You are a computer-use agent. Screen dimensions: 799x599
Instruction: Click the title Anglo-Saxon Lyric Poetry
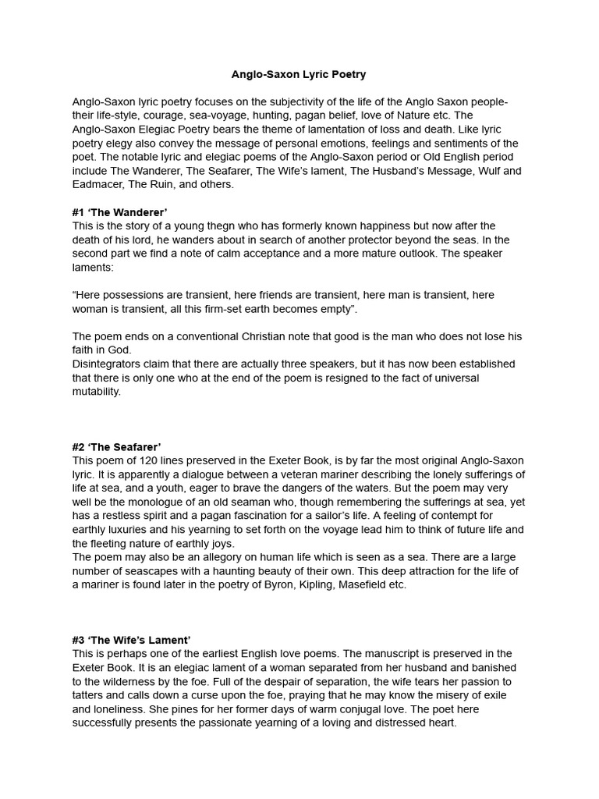[x=299, y=75]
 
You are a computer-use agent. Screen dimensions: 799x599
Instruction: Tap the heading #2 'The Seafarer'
[x=117, y=447]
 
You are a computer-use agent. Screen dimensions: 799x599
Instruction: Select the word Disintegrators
[x=108, y=364]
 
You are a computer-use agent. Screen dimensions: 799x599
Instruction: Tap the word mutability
[x=97, y=392]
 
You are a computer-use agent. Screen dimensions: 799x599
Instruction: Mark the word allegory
[x=222, y=557]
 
